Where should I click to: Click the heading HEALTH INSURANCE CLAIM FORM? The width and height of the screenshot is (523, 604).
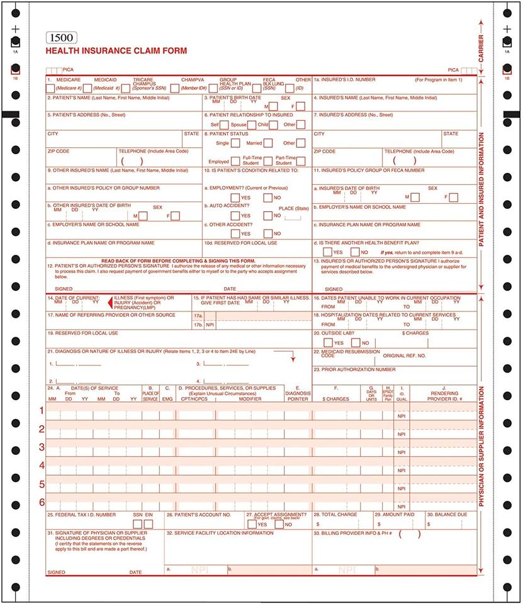coord(116,51)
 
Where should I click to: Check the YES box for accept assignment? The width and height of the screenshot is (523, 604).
coord(252,524)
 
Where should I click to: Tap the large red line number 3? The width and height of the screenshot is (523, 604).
coord(42,447)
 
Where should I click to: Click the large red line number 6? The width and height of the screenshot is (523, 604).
coord(42,502)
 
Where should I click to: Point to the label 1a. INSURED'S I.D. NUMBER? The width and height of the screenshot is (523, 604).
coord(345,80)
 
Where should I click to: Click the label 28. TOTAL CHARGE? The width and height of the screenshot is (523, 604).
coord(336,515)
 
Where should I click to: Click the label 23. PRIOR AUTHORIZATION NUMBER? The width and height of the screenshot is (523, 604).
coord(355,369)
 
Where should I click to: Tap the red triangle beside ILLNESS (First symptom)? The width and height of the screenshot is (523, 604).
coord(110,302)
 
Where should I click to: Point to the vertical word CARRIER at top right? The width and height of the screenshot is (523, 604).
coord(481,47)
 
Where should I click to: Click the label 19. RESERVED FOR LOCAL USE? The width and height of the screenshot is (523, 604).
coord(82,333)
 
